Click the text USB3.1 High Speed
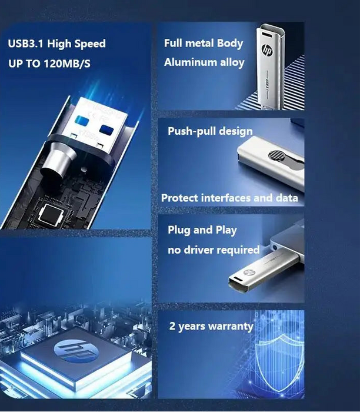(x=57, y=44)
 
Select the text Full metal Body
(x=204, y=43)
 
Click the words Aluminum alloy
(x=204, y=62)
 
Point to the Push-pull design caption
(x=210, y=131)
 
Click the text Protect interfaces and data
(x=229, y=198)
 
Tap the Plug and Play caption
(x=202, y=230)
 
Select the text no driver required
(x=214, y=250)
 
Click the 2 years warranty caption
(x=211, y=325)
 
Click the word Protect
(x=181, y=198)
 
